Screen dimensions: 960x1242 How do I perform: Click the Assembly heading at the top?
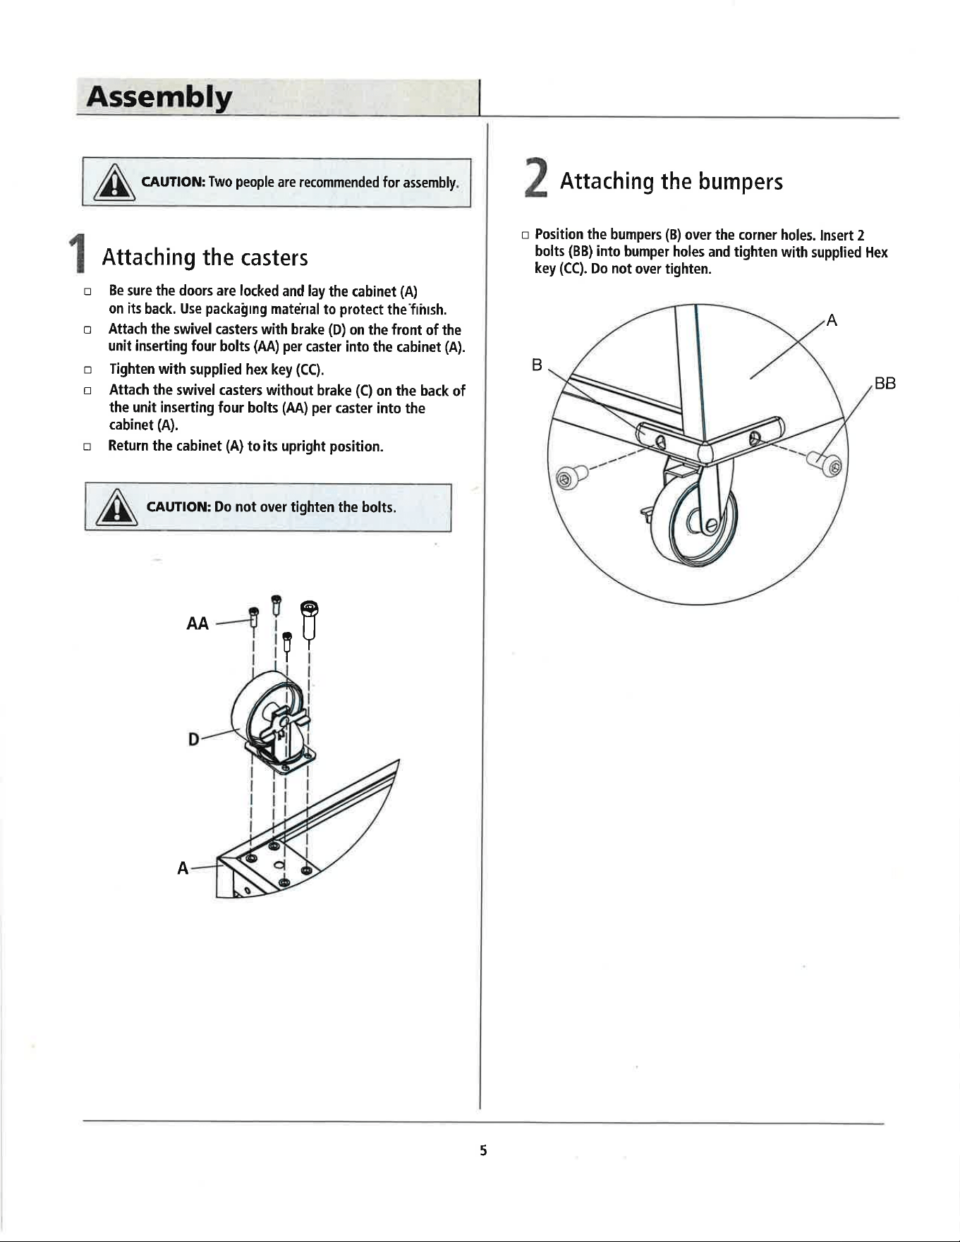[159, 98]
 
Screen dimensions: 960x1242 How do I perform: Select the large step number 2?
[536, 178]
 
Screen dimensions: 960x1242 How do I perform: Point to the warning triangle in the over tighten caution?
[118, 509]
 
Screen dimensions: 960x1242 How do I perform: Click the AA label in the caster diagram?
[198, 623]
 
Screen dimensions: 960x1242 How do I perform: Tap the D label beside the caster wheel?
[193, 739]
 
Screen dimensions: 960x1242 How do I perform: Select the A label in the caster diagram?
[183, 868]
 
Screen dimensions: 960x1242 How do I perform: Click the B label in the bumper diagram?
[537, 365]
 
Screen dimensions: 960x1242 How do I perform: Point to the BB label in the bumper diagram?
[885, 384]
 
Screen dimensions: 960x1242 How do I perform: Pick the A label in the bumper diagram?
[832, 321]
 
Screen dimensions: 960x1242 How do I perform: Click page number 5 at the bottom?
[483, 1150]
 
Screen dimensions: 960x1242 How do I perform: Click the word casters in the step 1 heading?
[274, 258]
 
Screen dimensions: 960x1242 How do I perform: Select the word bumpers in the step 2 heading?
[741, 182]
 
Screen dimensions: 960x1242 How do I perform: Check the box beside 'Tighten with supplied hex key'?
[87, 370]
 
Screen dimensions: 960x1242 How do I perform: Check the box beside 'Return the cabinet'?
[87, 446]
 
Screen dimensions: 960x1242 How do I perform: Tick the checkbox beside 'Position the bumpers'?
[525, 235]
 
